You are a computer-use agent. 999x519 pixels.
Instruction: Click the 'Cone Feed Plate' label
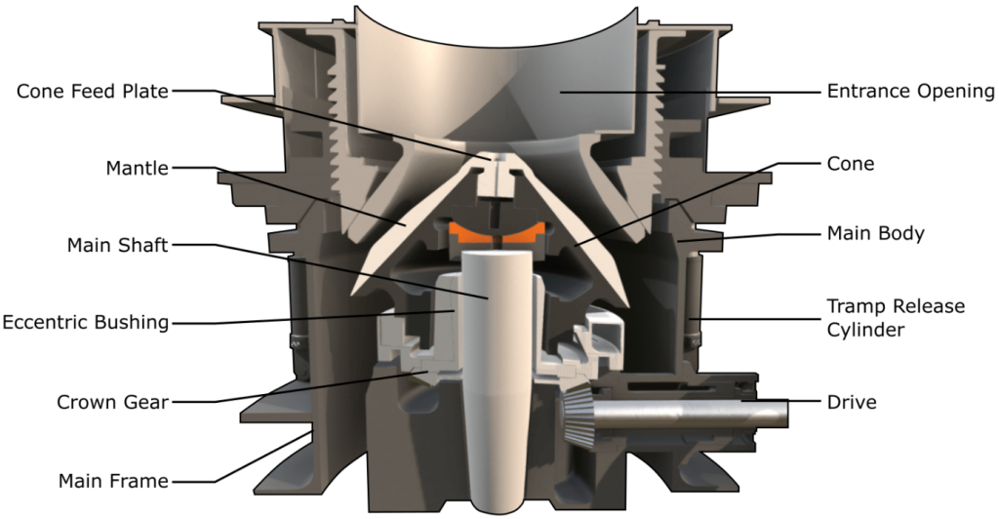93,91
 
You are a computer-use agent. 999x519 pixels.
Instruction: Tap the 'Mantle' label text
137,168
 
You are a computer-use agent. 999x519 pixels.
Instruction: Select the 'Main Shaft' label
118,245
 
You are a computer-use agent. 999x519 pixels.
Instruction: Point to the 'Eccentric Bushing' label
86,322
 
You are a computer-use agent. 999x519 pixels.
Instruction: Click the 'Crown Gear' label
113,403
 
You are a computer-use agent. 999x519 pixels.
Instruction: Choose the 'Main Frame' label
113,481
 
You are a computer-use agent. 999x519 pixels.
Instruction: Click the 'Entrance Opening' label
910,92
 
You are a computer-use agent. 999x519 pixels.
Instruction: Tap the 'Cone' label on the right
851,164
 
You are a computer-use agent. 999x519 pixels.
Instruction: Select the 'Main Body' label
875,234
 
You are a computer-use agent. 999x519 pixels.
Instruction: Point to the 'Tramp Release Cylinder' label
896,318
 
